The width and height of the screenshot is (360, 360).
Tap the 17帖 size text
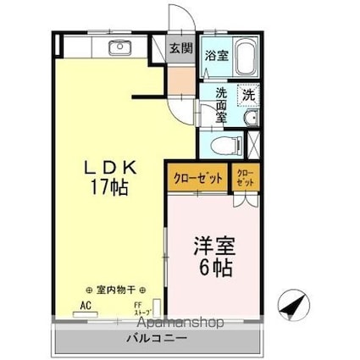pos(105,188)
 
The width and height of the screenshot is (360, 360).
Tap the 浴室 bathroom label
pos(217,56)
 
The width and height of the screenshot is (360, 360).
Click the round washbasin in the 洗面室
pos(251,119)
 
